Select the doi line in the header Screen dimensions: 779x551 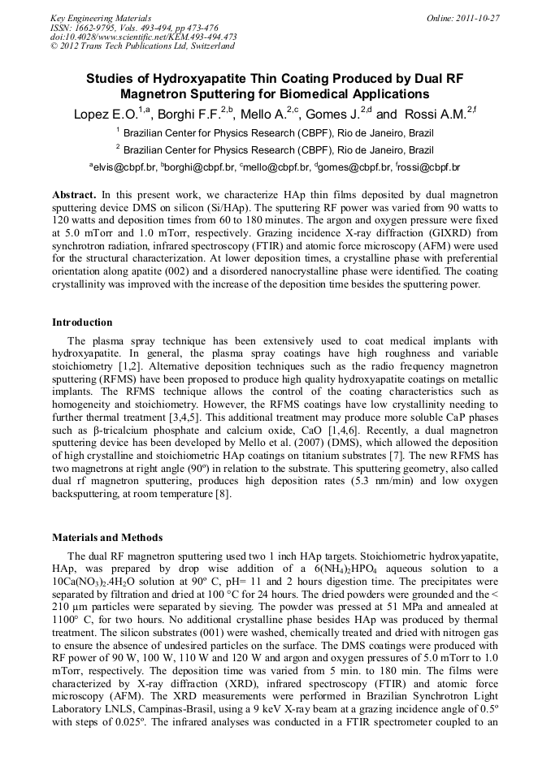pos(143,37)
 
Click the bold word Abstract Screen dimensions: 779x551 pos(74,196)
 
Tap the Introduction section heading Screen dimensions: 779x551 pos(82,322)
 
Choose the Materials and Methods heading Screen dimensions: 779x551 pos(107,538)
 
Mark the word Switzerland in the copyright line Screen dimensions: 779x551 pos(206,46)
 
